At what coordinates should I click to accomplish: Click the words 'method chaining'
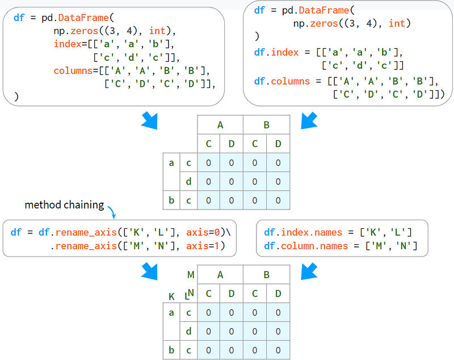64,205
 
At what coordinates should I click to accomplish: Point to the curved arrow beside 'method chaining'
112,211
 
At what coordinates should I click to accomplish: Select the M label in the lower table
191,275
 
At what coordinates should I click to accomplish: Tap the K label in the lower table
171,296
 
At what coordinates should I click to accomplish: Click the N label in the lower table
191,293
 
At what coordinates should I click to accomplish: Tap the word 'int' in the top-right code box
397,23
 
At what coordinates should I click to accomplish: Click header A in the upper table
220,125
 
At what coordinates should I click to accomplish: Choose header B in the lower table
266,275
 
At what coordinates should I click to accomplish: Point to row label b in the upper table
171,200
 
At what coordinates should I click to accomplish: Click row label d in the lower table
188,331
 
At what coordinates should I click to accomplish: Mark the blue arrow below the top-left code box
150,120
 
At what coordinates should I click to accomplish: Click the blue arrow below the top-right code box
309,120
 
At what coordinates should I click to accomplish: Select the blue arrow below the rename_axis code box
150,271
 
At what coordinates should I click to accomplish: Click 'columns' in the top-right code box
291,81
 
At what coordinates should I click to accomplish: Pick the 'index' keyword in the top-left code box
68,44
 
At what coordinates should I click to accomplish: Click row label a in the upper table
171,163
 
